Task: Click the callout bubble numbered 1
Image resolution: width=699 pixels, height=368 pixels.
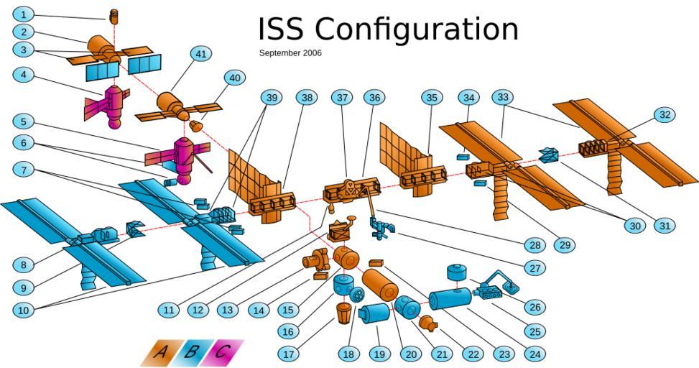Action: pyautogui.click(x=24, y=14)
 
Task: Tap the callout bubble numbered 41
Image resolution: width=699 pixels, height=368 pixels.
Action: pyautogui.click(x=201, y=54)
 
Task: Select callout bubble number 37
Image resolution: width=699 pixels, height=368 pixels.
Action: pyautogui.click(x=343, y=97)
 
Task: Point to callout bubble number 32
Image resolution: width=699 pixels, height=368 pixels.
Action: pyautogui.click(x=665, y=114)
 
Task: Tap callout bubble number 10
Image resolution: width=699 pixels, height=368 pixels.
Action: pyautogui.click(x=24, y=310)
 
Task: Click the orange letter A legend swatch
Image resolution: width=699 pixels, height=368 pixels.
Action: pyautogui.click(x=162, y=352)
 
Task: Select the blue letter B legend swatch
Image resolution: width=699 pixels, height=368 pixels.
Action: pyautogui.click(x=192, y=352)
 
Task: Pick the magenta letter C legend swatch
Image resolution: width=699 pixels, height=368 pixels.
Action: pyautogui.click(x=223, y=352)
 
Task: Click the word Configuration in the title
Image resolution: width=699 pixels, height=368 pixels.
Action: pyautogui.click(x=417, y=29)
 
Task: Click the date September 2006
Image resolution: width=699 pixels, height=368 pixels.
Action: pyautogui.click(x=290, y=53)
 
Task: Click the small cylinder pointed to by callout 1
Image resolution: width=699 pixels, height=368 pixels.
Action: pyautogui.click(x=113, y=16)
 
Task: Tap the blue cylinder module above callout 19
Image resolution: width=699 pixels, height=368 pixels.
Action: pyautogui.click(x=374, y=315)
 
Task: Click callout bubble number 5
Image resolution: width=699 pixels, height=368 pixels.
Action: pyautogui.click(x=24, y=122)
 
